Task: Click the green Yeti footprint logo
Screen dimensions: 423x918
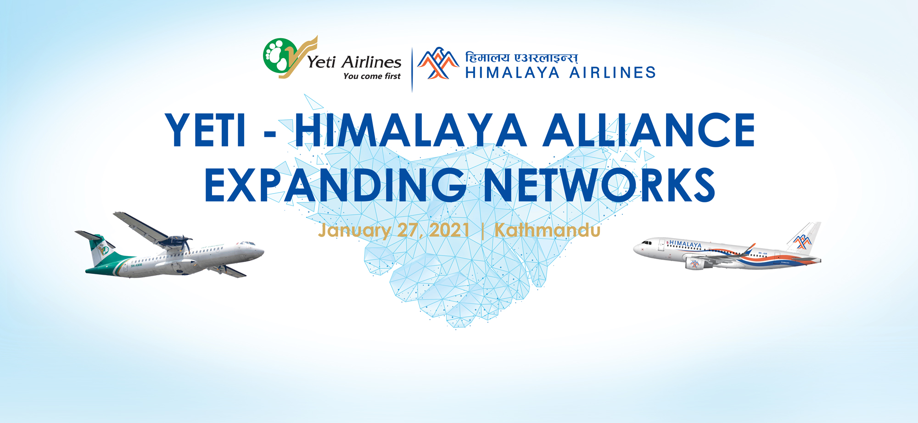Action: [278, 56]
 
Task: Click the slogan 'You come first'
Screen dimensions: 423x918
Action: [372, 76]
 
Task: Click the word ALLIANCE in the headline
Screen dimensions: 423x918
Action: [649, 131]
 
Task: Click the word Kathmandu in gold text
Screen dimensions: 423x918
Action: [547, 230]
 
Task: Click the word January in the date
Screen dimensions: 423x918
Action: [354, 230]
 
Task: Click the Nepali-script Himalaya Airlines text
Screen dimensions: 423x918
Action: [521, 58]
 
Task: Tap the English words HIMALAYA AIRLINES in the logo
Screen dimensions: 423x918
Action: [560, 72]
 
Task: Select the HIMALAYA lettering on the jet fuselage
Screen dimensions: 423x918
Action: [685, 244]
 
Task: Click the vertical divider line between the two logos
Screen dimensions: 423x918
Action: [412, 69]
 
